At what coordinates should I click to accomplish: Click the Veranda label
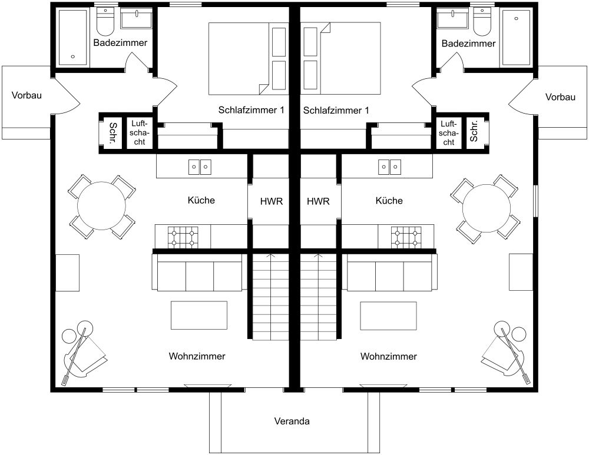[292, 421]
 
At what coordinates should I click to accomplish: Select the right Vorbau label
[560, 97]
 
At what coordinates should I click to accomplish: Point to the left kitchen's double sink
[199, 167]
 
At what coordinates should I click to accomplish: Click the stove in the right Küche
[407, 236]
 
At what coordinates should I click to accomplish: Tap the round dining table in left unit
[101, 207]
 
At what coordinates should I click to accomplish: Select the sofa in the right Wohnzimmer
[389, 274]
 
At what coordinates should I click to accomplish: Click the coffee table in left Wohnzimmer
[199, 315]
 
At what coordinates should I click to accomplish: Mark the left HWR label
[272, 201]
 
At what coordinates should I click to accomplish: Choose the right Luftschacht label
[448, 133]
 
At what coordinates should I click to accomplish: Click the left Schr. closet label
[112, 133]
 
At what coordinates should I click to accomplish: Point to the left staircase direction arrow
[271, 257]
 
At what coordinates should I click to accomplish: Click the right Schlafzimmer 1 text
[336, 110]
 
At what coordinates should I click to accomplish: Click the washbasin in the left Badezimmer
[136, 19]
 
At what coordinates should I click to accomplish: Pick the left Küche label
[201, 201]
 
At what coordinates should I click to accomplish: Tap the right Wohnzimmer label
[389, 356]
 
